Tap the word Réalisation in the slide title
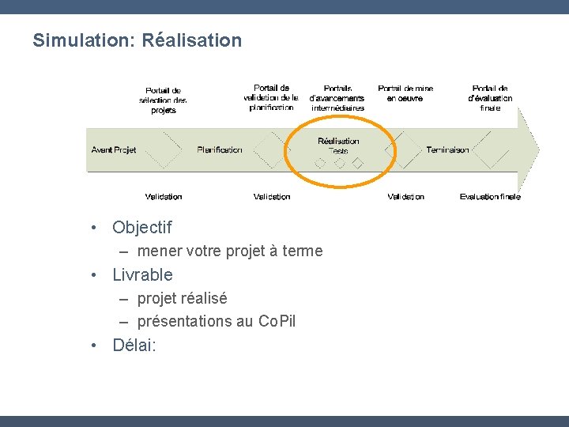pyautogui.click(x=192, y=40)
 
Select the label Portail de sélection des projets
pyautogui.click(x=163, y=100)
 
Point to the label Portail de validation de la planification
pyautogui.click(x=271, y=97)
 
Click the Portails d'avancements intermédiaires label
pyautogui.click(x=337, y=97)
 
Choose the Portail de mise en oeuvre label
pyautogui.click(x=405, y=93)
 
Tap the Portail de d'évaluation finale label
pyautogui.click(x=490, y=97)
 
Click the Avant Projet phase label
pyautogui.click(x=114, y=150)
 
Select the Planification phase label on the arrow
pyautogui.click(x=220, y=150)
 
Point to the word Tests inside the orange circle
pyautogui.click(x=338, y=151)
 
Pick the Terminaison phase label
pyautogui.click(x=447, y=150)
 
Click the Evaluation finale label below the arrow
pyautogui.click(x=490, y=197)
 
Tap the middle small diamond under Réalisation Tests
pyautogui.click(x=339, y=164)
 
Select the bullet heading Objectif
pyautogui.click(x=141, y=228)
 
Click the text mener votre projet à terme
pyautogui.click(x=229, y=251)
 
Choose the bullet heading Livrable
pyautogui.click(x=142, y=275)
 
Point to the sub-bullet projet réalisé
pyautogui.click(x=182, y=298)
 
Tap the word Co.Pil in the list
pyautogui.click(x=277, y=322)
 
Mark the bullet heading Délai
pyautogui.click(x=134, y=345)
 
